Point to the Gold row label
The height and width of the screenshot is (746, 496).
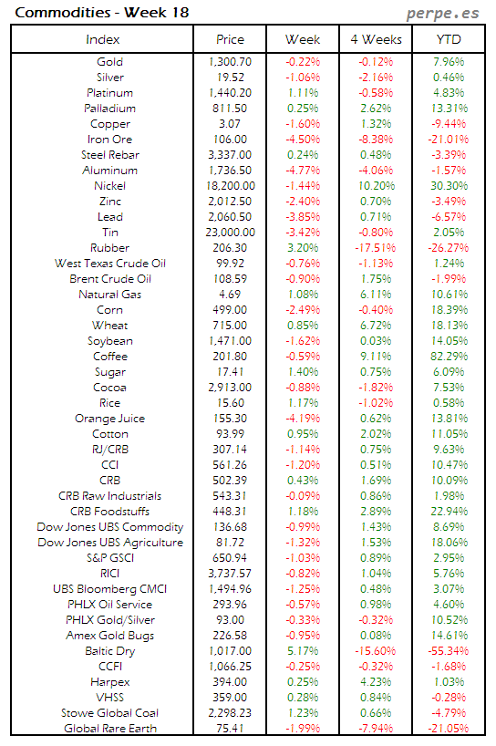109,62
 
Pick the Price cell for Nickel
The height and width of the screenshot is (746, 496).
230,186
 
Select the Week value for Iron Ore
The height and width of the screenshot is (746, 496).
303,140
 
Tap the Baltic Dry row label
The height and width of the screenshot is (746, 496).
109,651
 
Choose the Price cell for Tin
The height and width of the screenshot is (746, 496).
230,233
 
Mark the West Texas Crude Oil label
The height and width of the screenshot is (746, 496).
109,264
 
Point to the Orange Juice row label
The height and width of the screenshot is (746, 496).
109,419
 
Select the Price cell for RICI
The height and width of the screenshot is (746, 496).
230,574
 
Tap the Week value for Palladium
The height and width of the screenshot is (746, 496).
303,109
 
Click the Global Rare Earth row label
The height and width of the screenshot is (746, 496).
109,729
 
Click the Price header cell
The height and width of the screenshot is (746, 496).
230,40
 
